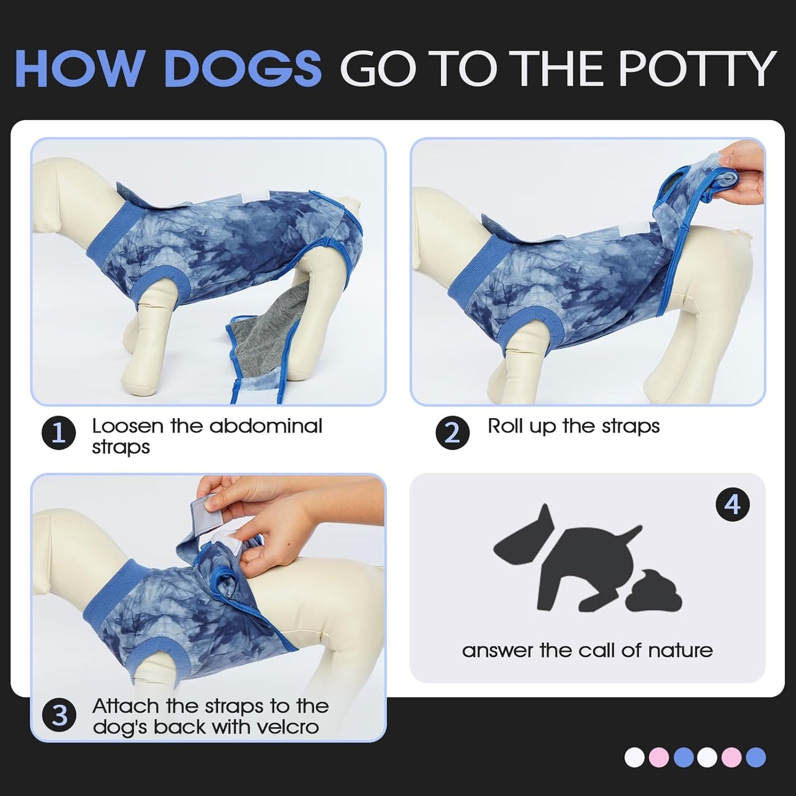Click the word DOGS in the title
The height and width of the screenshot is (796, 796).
(242, 68)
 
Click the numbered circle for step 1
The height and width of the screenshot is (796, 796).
(58, 434)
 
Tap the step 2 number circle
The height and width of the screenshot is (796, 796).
(452, 434)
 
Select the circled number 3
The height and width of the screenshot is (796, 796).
(58, 716)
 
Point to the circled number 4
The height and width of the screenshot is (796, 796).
(732, 504)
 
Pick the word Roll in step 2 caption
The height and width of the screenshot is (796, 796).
(505, 426)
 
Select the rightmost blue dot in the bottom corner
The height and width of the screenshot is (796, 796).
(756, 757)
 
